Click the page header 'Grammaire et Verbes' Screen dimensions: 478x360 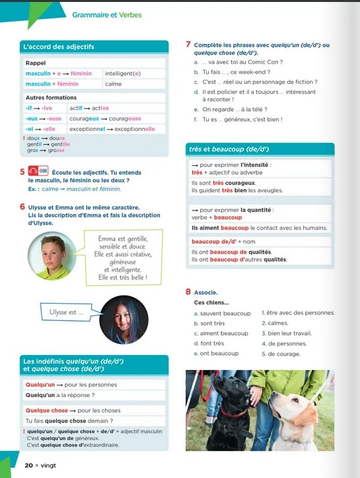[x=107, y=15]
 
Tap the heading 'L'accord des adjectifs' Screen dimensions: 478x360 [x=59, y=47]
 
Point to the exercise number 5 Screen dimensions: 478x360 [x=23, y=172]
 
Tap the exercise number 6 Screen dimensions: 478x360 [x=23, y=206]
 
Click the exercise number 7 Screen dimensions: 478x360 [x=189, y=45]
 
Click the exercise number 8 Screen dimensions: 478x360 [x=189, y=291]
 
